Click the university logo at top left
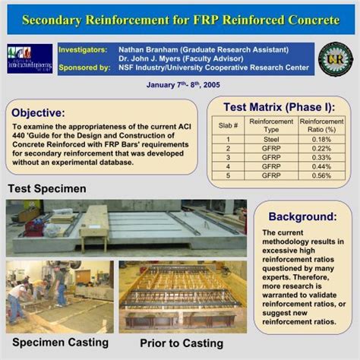30,58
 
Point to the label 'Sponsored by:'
84,68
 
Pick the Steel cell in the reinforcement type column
271,140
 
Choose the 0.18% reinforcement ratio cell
321,140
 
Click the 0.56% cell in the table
321,175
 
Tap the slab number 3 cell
228,157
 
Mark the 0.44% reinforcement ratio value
321,166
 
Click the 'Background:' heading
302,216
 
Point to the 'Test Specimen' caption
47,188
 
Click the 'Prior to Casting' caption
182,343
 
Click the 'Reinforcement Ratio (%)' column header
321,125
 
